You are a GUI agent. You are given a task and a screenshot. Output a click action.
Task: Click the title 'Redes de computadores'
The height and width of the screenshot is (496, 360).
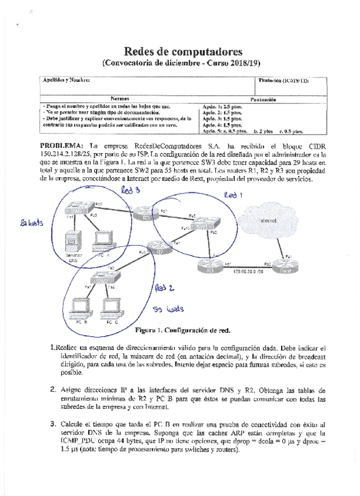[179, 52]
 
